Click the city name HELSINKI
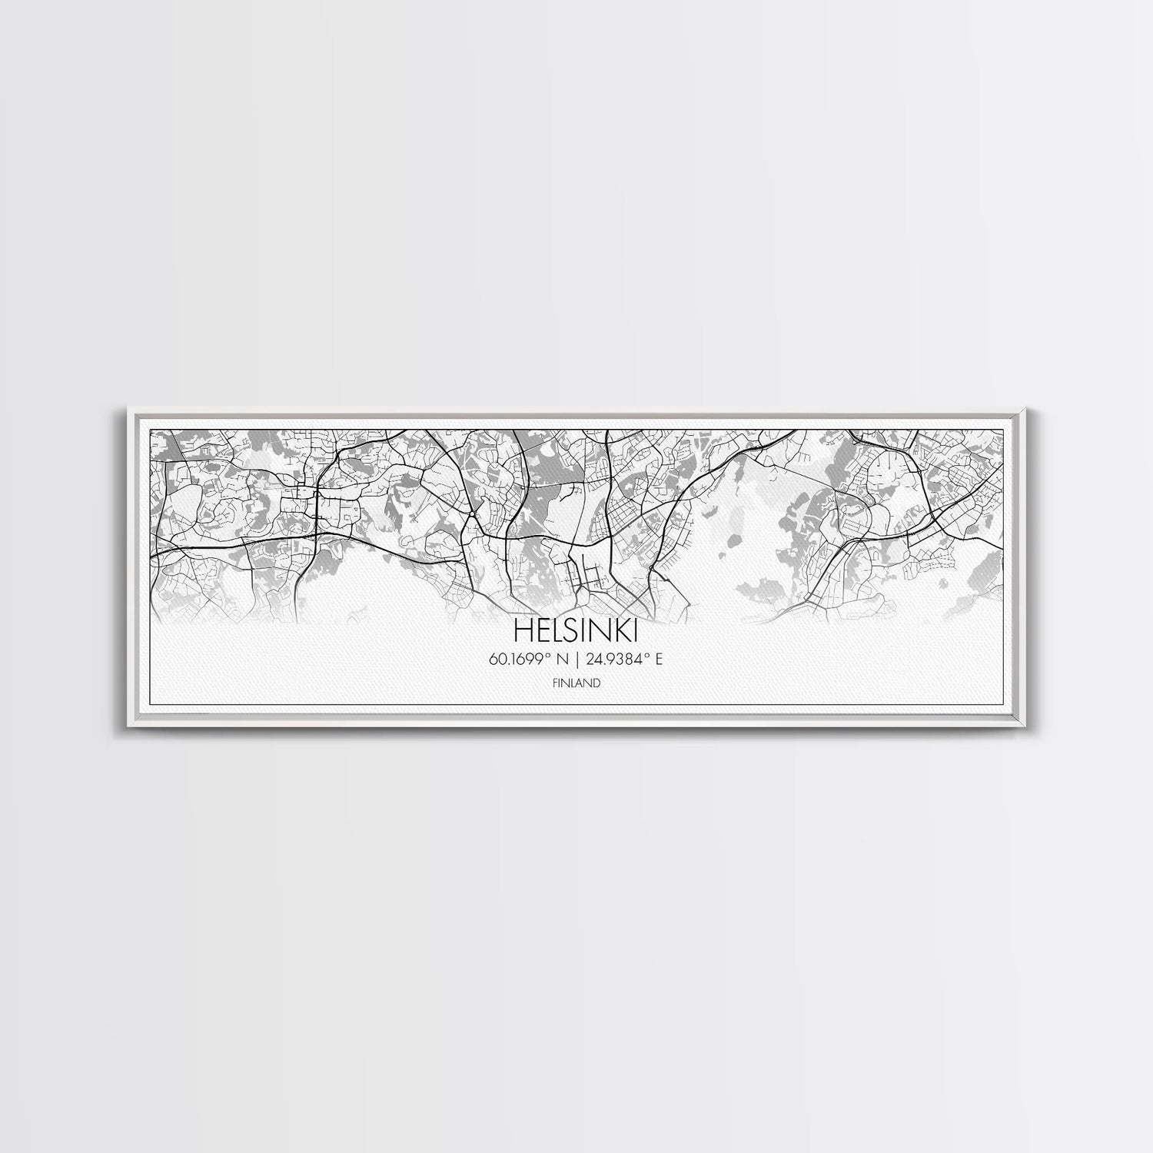pos(575,630)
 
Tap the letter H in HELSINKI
pos(521,630)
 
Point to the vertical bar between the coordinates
pos(576,659)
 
